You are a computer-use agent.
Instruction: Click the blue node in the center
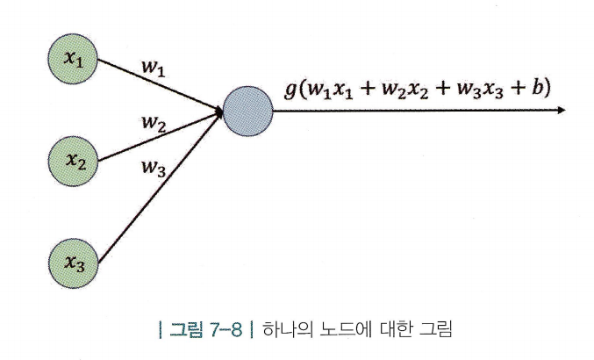click(248, 110)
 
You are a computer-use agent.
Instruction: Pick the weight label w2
click(154, 124)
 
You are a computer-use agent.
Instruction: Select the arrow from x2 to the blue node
click(158, 135)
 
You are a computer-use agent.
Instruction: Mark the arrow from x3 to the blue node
click(158, 187)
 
